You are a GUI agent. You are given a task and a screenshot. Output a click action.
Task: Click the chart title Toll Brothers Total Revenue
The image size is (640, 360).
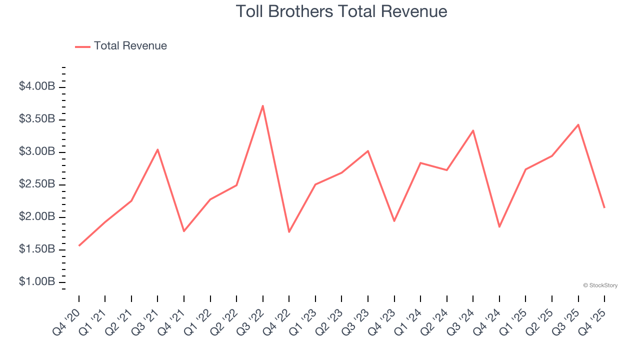click(x=341, y=11)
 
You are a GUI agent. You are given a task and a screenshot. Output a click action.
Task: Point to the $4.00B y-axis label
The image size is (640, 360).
click(x=37, y=86)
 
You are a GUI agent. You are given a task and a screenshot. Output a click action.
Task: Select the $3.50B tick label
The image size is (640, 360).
click(x=37, y=119)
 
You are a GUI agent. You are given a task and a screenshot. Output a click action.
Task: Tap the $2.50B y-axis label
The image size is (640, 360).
click(x=37, y=184)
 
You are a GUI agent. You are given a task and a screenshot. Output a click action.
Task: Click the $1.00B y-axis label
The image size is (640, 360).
click(x=37, y=282)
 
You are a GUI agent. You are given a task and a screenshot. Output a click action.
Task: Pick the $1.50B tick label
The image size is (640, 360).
click(x=37, y=249)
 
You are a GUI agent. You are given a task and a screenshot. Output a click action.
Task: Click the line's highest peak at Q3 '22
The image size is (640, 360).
click(x=263, y=105)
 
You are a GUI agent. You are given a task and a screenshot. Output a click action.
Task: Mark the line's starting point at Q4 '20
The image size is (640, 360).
click(x=79, y=245)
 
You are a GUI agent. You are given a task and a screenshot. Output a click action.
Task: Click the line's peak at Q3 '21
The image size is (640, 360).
click(x=157, y=149)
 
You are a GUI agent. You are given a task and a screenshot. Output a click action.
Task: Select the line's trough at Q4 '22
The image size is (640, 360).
click(x=289, y=232)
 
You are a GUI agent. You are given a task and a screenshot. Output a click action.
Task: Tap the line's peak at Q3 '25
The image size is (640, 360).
click(x=578, y=124)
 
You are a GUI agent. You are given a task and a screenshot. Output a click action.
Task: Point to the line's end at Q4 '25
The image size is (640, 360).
click(x=604, y=207)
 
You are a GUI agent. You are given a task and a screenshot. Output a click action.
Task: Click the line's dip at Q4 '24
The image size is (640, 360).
click(x=499, y=227)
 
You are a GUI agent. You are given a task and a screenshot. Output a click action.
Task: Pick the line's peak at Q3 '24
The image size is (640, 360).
click(x=473, y=130)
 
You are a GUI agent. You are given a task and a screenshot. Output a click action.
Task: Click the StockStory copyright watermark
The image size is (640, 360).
click(x=600, y=285)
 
